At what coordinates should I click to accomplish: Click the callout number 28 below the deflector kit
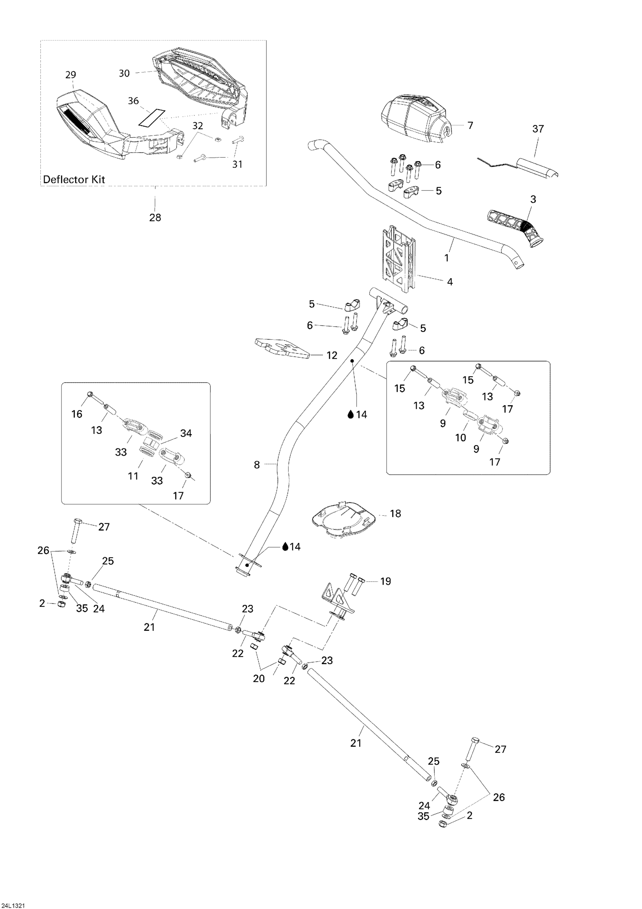coord(155,217)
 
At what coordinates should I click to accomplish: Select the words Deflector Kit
coord(74,179)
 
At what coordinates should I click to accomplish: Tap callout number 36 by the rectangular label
coord(133,101)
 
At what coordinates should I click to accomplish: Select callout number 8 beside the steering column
coord(257,465)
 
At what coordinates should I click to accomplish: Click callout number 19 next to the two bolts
coord(385,581)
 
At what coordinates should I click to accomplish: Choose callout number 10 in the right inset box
coord(461,438)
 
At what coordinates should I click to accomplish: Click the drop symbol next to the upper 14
coord(350,415)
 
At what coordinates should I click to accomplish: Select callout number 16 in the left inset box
coord(77,414)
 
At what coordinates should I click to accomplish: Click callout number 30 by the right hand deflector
coord(124,73)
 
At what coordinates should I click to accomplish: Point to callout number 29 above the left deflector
coord(71,75)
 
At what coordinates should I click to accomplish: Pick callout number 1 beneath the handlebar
coord(446,258)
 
